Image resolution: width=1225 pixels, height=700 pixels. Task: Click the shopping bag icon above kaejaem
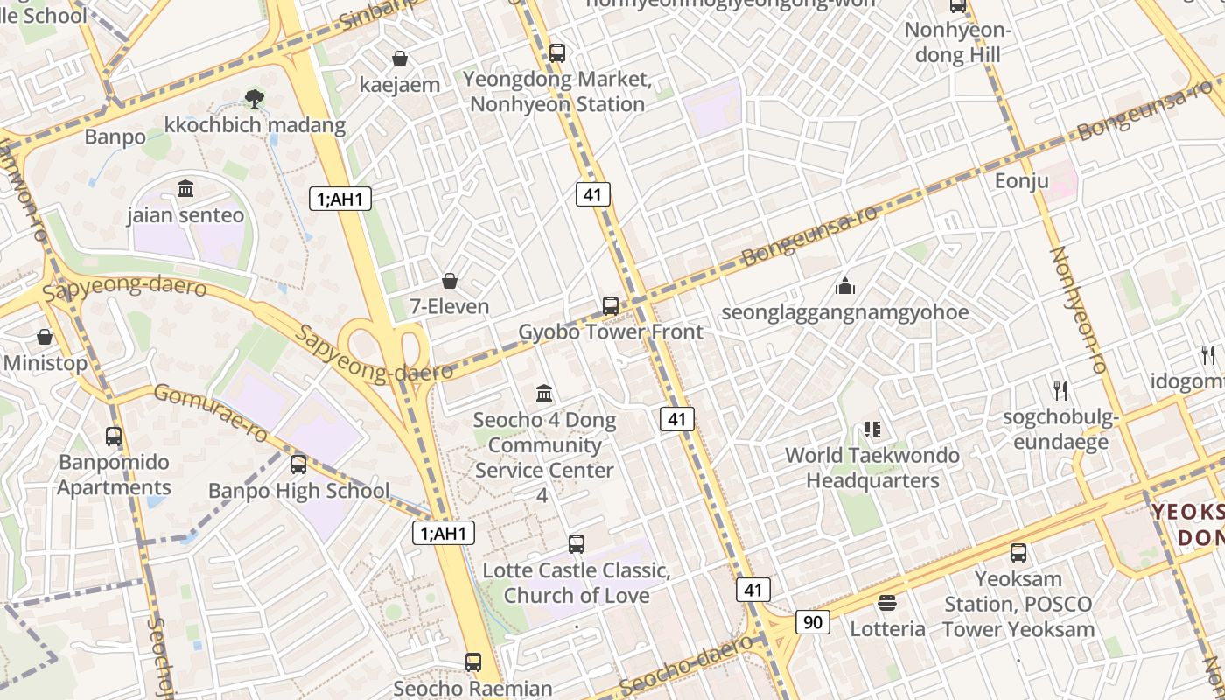tap(400, 59)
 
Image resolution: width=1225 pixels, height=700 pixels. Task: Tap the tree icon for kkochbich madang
tap(255, 98)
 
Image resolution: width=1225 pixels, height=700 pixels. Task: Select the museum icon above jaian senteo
tap(185, 188)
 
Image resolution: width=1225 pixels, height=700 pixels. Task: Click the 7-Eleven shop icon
tap(450, 281)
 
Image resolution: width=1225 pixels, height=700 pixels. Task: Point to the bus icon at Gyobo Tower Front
tap(611, 305)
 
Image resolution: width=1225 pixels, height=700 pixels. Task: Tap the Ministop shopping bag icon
tap(45, 337)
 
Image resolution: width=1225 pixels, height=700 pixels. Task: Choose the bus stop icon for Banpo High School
tap(298, 464)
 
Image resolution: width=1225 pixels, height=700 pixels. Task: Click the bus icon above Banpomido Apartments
tap(114, 436)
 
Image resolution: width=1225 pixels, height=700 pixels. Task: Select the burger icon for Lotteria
tap(887, 603)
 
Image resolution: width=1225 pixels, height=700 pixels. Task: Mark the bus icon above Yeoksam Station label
tap(1018, 552)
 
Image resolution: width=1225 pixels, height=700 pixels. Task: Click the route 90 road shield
tap(813, 622)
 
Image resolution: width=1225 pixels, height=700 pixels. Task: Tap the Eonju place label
tap(1022, 181)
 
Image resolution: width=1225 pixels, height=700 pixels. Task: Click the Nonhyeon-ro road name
tap(1079, 310)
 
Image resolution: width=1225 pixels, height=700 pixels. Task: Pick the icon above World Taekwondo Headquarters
tap(871, 429)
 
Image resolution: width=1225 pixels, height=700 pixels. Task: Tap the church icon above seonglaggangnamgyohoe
tap(845, 285)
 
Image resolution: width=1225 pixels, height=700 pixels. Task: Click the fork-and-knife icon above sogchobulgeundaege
tap(1060, 390)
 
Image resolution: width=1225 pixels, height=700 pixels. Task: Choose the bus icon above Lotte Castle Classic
tap(577, 543)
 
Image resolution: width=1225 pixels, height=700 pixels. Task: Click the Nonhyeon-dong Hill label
tap(958, 43)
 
